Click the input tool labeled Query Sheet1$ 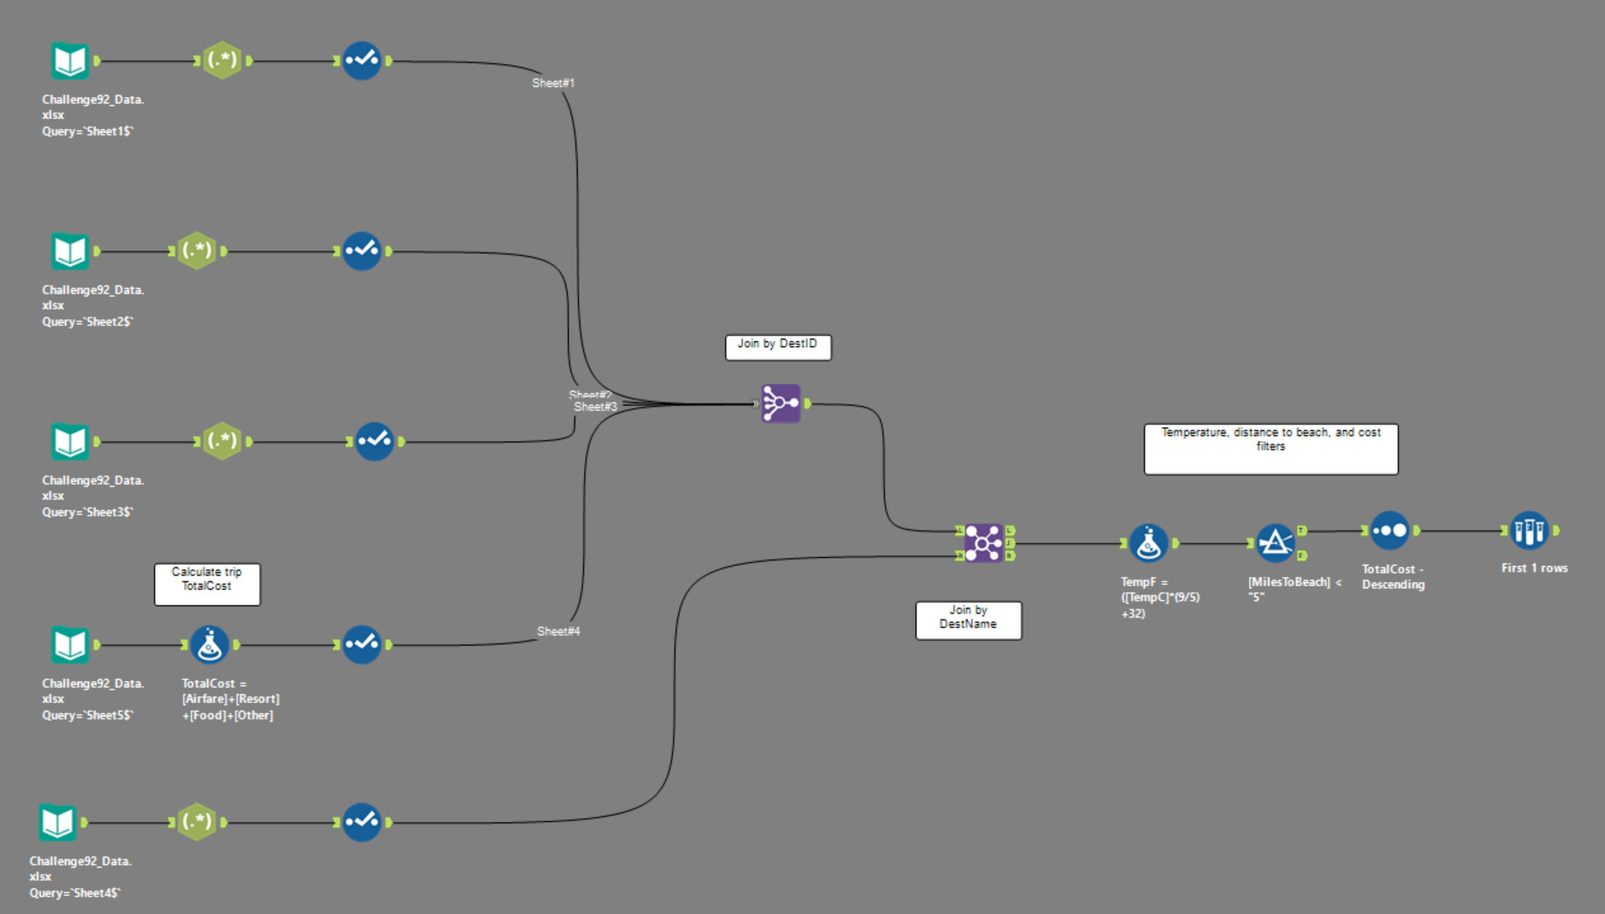69,61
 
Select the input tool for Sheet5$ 69,645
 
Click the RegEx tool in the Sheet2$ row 197,251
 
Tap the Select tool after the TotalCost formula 362,645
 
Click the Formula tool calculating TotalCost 209,645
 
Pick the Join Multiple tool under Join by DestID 780,404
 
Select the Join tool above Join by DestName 983,543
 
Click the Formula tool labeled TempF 1148,543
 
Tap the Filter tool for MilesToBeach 1275,543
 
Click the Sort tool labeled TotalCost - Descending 1389,531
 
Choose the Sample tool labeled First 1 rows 1529,531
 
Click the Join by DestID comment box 778,347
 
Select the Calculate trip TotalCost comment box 206,584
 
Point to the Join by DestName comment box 968,620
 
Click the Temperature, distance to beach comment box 1270,449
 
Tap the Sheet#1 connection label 553,83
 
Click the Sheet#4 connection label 558,631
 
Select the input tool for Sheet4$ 58,823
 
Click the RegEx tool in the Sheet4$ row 197,822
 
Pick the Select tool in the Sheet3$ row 375,442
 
